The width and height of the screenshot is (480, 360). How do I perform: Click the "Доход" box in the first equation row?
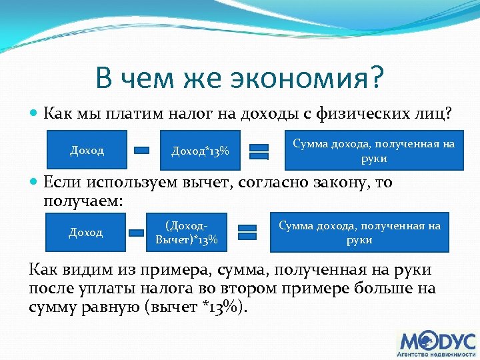click(87, 151)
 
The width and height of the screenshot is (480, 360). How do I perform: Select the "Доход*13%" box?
click(200, 151)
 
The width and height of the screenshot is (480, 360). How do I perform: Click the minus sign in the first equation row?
click(141, 151)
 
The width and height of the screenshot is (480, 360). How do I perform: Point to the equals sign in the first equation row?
click(259, 151)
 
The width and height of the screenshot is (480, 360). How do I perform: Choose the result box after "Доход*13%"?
click(374, 151)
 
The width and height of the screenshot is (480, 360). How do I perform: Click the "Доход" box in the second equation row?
click(86, 232)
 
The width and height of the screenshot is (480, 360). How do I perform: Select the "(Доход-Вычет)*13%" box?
click(186, 232)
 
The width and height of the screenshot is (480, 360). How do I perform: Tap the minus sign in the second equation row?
click(137, 233)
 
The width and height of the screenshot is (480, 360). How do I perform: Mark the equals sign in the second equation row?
click(247, 232)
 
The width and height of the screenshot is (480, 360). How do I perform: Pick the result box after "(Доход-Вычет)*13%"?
click(359, 232)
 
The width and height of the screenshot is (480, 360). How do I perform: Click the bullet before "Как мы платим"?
click(35, 114)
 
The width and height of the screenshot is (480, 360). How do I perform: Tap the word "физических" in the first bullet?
click(357, 114)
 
